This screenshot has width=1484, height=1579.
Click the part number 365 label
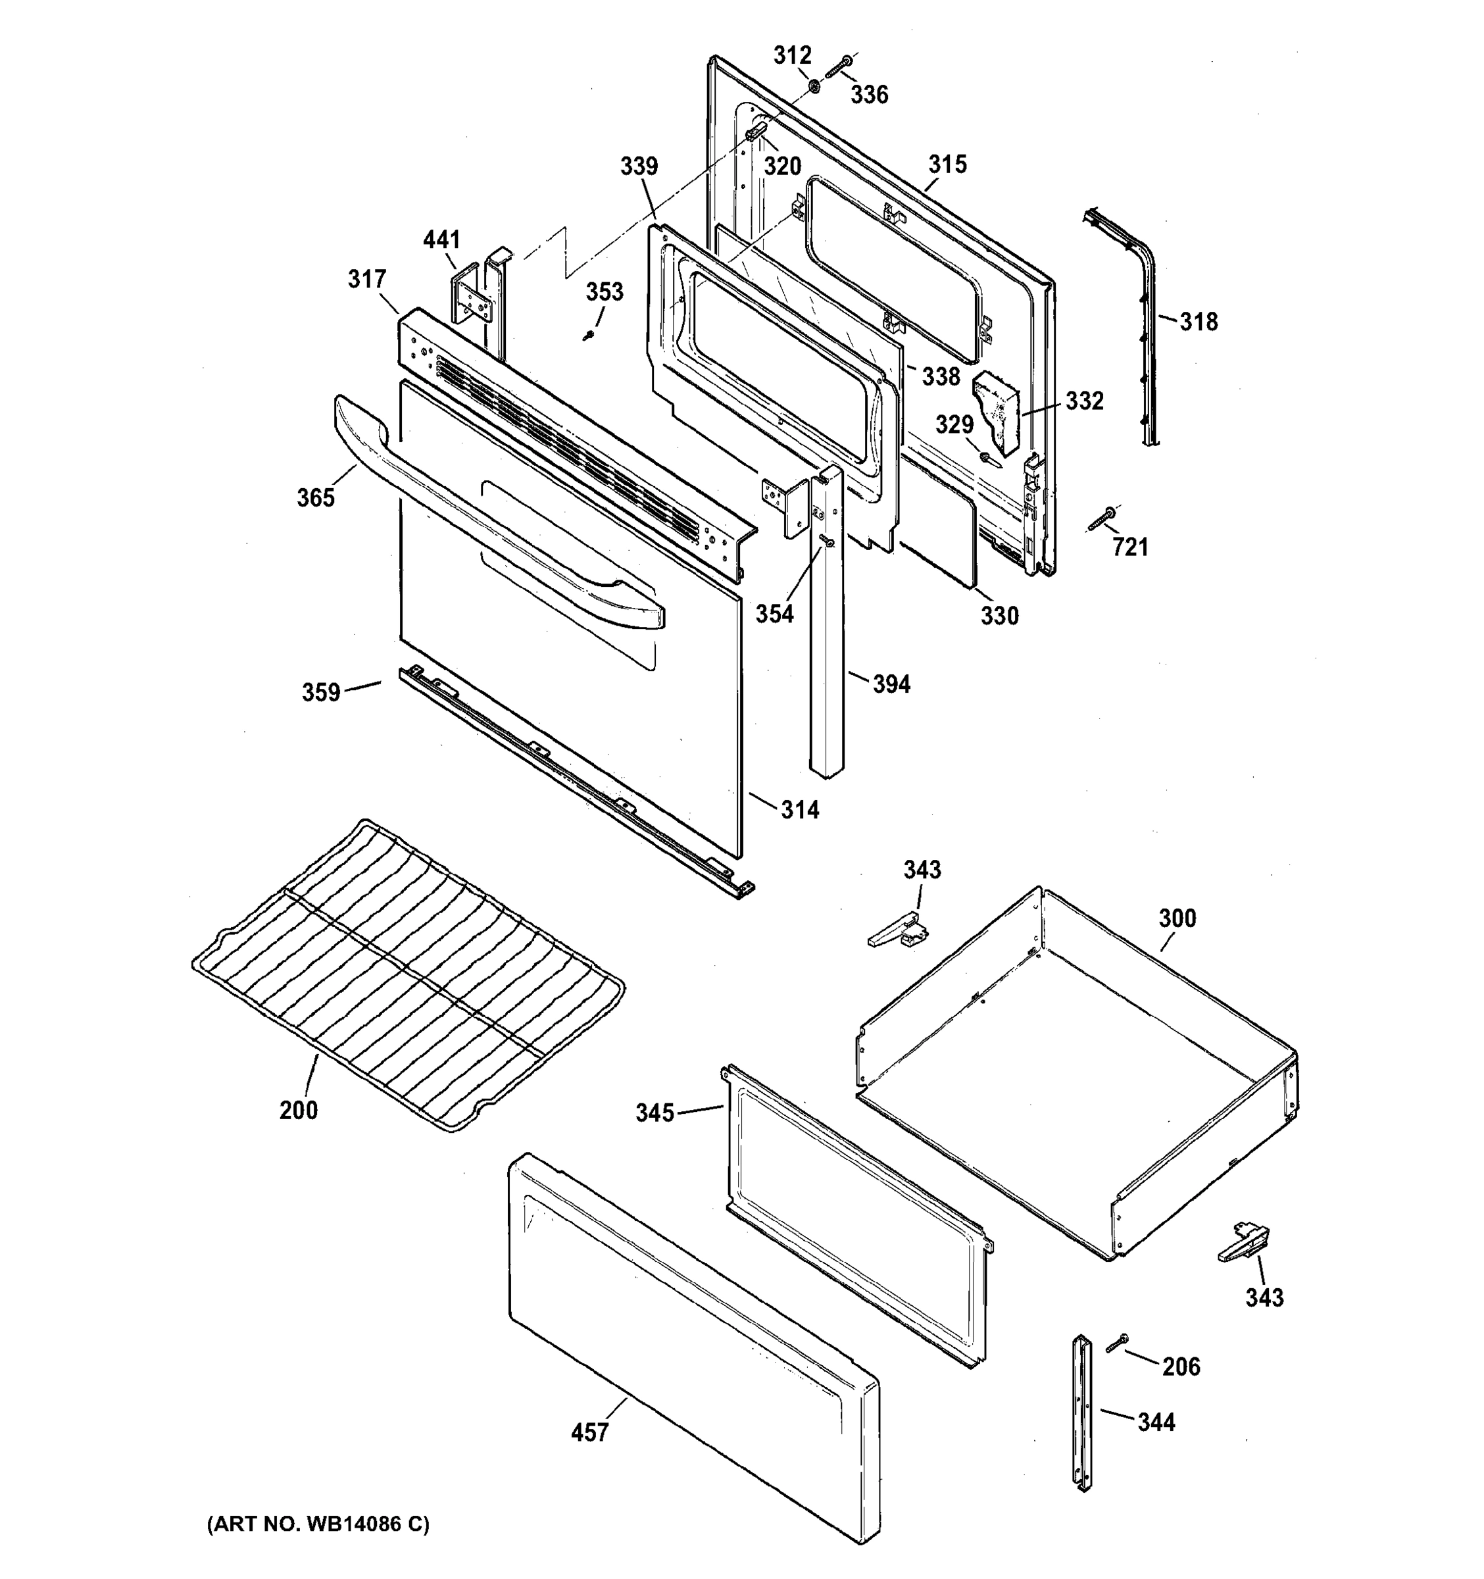coord(315,498)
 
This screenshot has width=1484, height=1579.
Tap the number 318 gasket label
coord(1198,322)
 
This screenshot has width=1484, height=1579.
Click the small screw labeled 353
coord(588,335)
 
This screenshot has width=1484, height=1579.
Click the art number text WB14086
coord(318,1523)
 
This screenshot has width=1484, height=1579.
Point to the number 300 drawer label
coord(1177,918)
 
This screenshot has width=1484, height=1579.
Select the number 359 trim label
coord(321,693)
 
